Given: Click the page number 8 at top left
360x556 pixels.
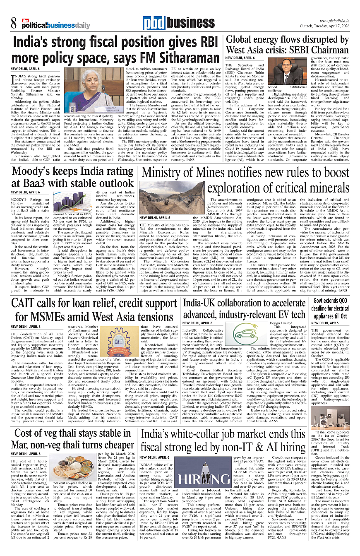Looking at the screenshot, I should (14, 22).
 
